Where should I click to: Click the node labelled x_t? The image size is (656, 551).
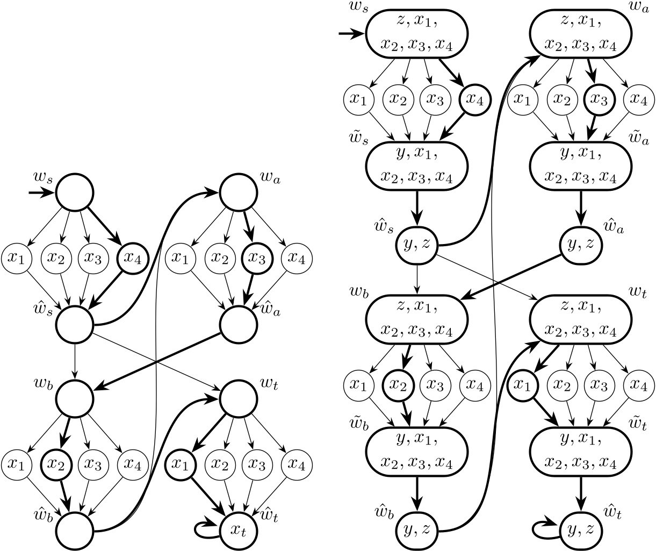pos(238,531)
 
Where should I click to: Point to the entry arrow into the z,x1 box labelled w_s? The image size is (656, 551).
pos(352,35)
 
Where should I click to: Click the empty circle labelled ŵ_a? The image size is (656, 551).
pos(238,325)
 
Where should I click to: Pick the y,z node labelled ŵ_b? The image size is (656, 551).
pos(416,529)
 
